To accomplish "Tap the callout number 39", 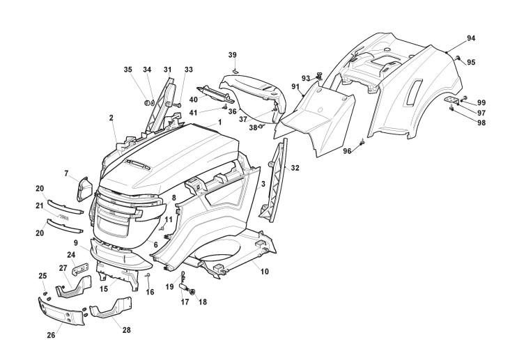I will click(233, 54).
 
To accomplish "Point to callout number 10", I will click(264, 272).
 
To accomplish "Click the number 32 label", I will click(295, 169).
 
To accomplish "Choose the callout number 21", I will click(40, 207).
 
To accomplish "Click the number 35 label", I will click(127, 70).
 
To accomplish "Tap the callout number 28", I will click(127, 329).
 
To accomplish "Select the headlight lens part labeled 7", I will click(85, 187).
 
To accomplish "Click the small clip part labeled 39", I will click(235, 70).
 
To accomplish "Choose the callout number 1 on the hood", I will click(219, 122).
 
